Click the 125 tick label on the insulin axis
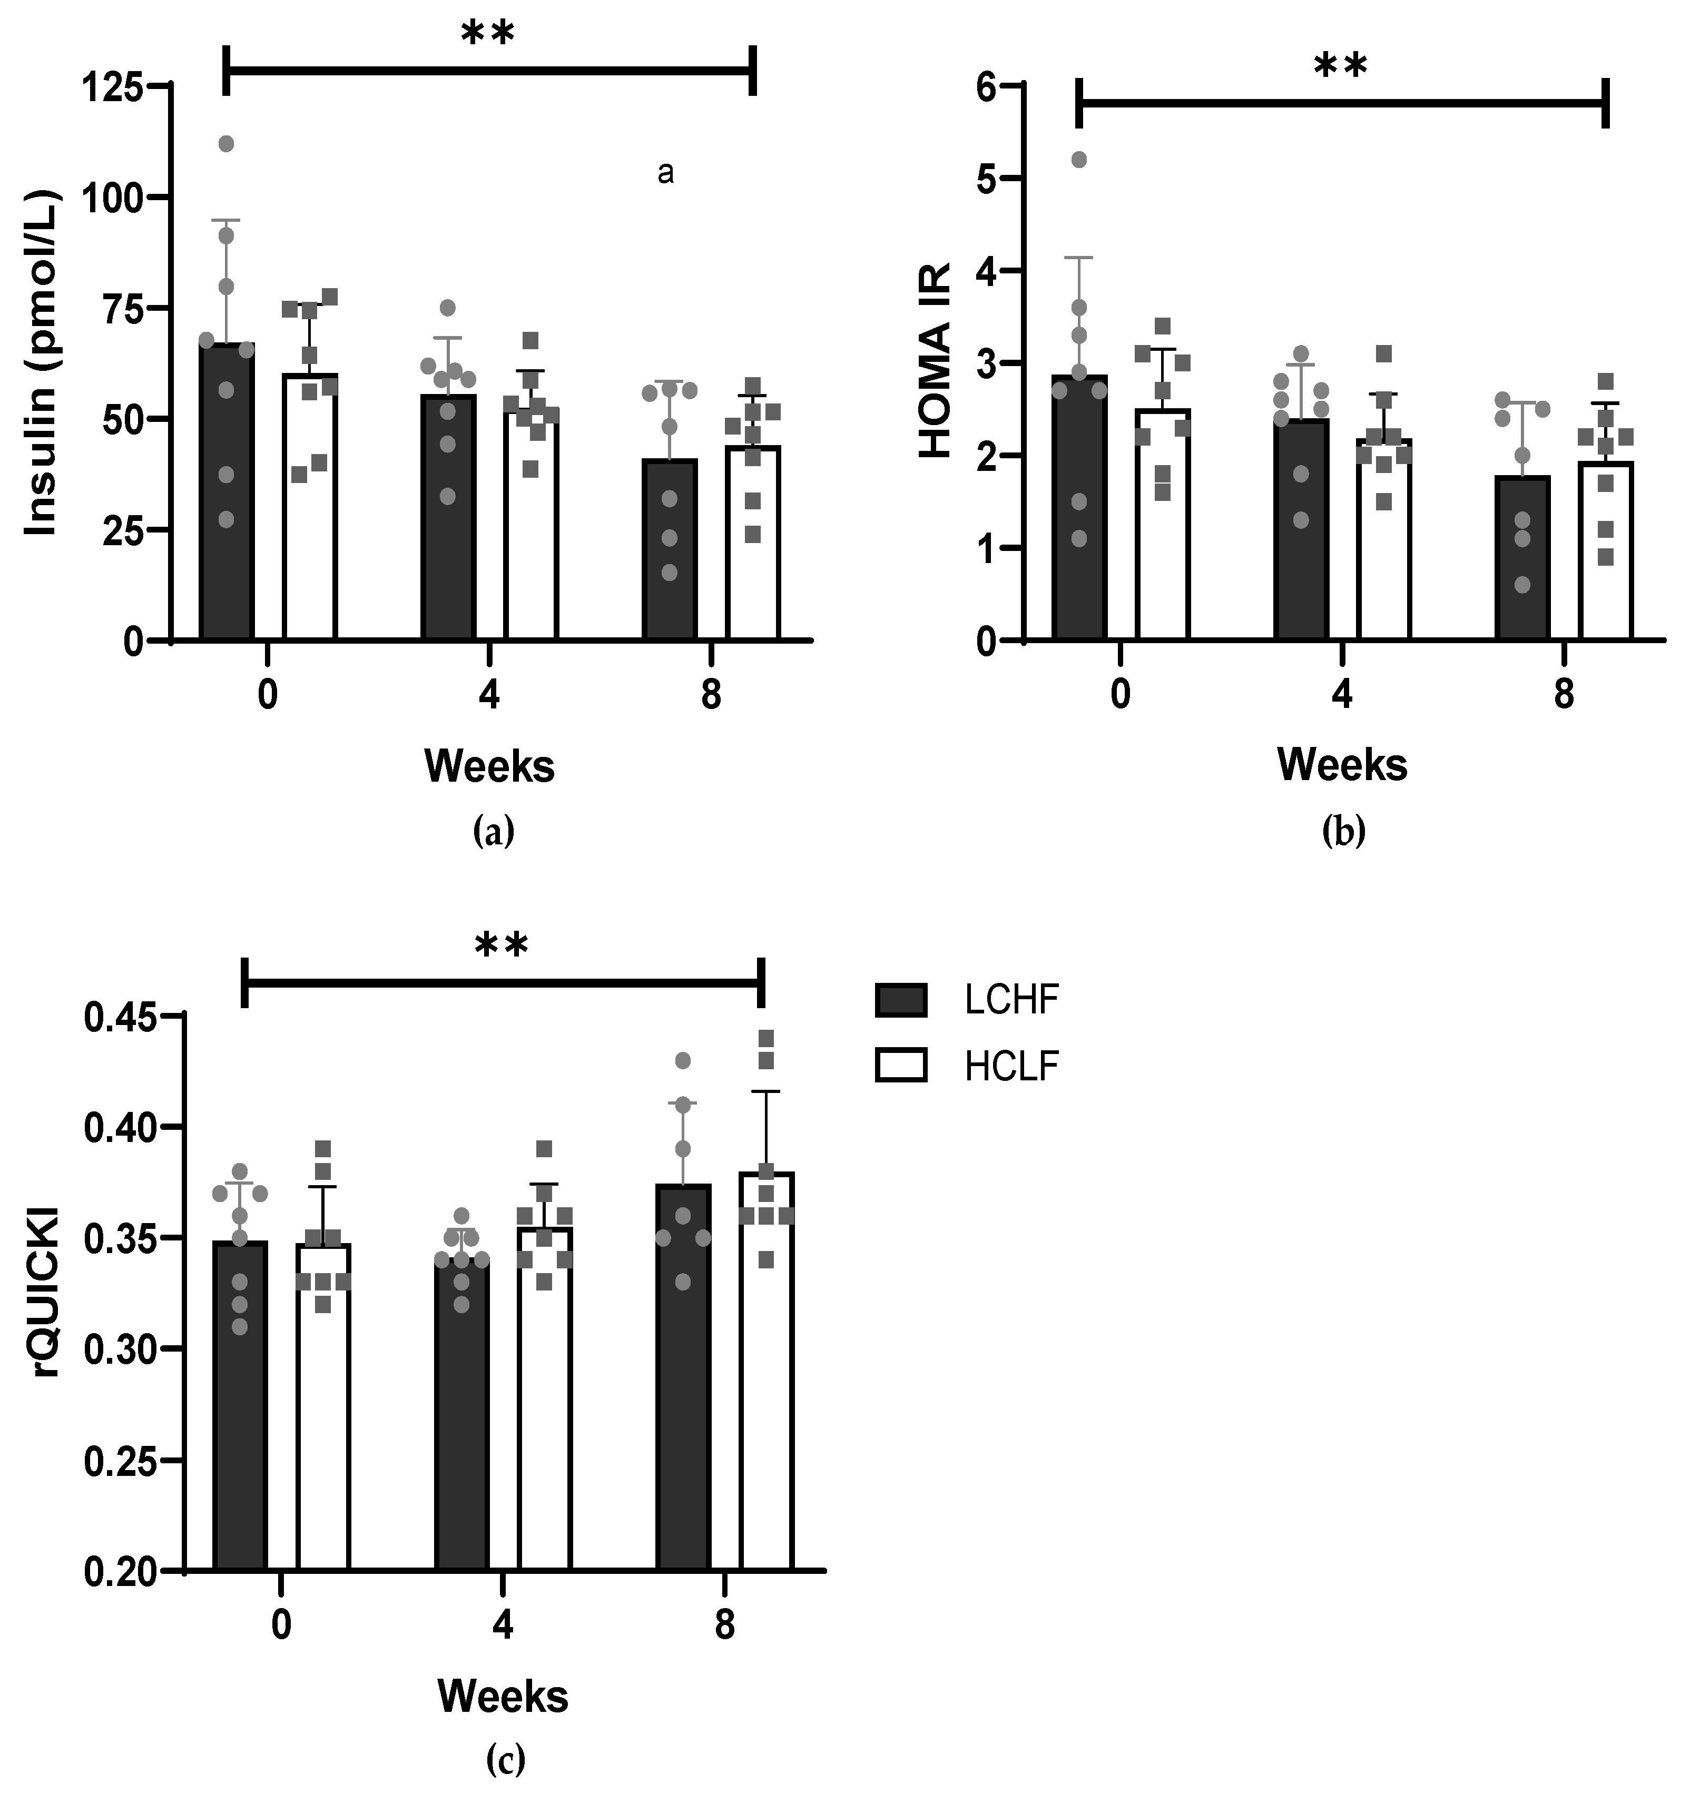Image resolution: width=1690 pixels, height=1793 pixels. click(112, 87)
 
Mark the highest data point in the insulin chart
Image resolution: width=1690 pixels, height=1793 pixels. click(227, 144)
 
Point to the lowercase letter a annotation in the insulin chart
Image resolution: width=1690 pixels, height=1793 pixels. click(665, 173)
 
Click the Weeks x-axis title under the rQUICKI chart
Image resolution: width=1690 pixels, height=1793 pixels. click(503, 1697)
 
